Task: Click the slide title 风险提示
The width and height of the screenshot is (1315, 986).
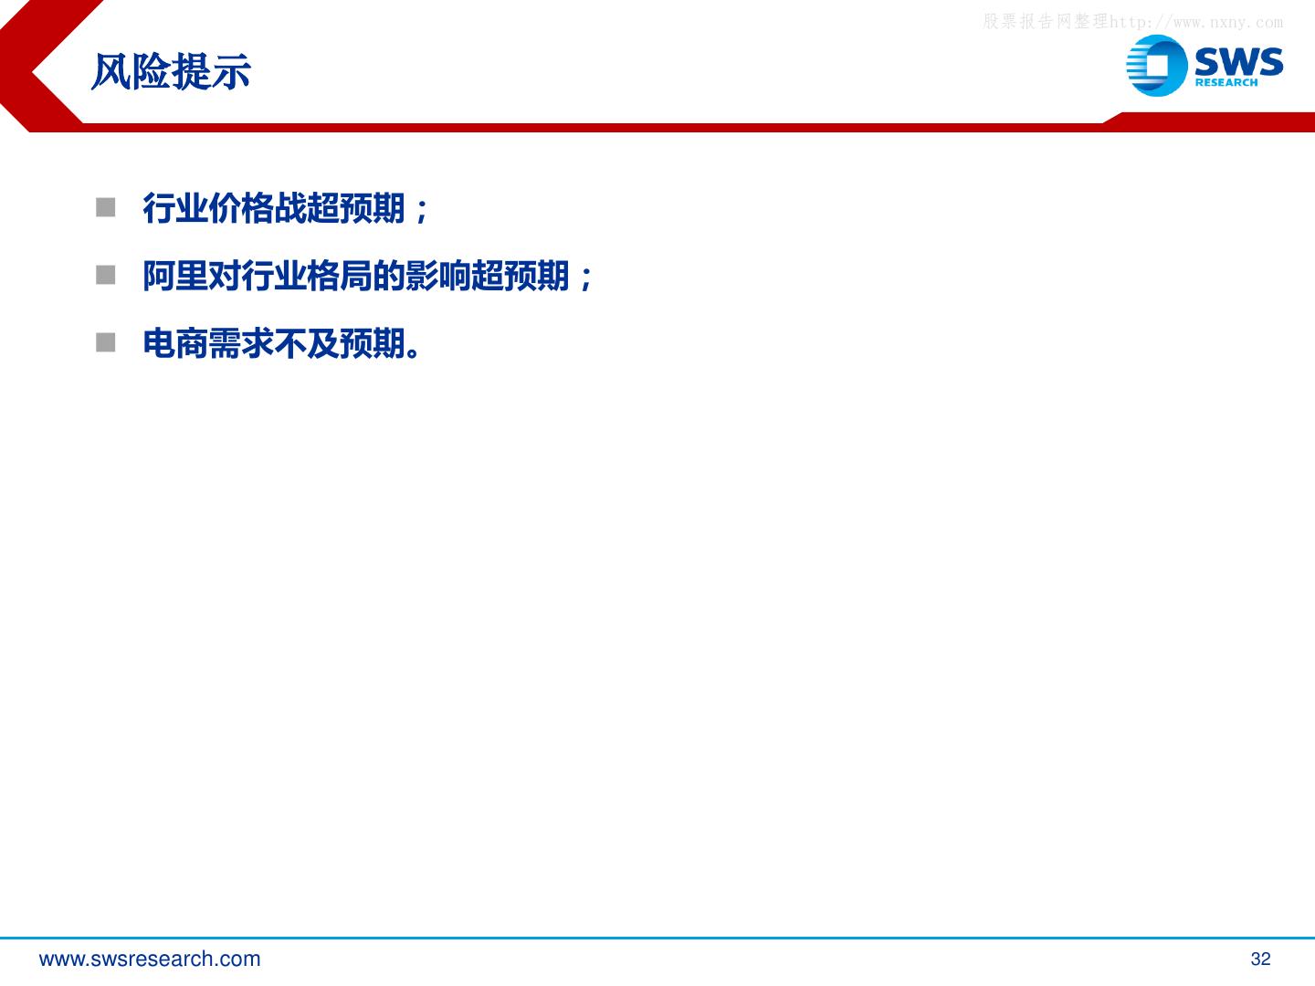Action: (171, 72)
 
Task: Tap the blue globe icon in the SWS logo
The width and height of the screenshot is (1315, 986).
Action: (1156, 65)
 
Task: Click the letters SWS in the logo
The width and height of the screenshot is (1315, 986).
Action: (1239, 61)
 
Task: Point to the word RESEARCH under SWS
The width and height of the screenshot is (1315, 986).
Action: (1226, 82)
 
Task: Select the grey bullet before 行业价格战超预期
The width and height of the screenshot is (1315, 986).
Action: (105, 208)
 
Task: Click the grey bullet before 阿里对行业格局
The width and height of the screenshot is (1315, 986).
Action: (105, 276)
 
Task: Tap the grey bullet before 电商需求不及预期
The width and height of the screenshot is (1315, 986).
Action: (105, 343)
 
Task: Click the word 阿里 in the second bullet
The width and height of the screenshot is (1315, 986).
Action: (175, 276)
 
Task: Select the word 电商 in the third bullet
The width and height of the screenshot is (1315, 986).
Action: (175, 343)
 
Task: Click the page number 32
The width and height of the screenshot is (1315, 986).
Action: (1260, 959)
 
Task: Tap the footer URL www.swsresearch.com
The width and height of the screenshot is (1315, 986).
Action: (150, 959)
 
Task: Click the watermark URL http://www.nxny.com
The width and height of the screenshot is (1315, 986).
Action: (1196, 22)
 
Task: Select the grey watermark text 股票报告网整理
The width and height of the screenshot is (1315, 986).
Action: (1046, 22)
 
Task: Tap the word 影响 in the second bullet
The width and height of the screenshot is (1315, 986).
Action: (437, 276)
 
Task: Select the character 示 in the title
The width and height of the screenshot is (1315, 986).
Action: (231, 72)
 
